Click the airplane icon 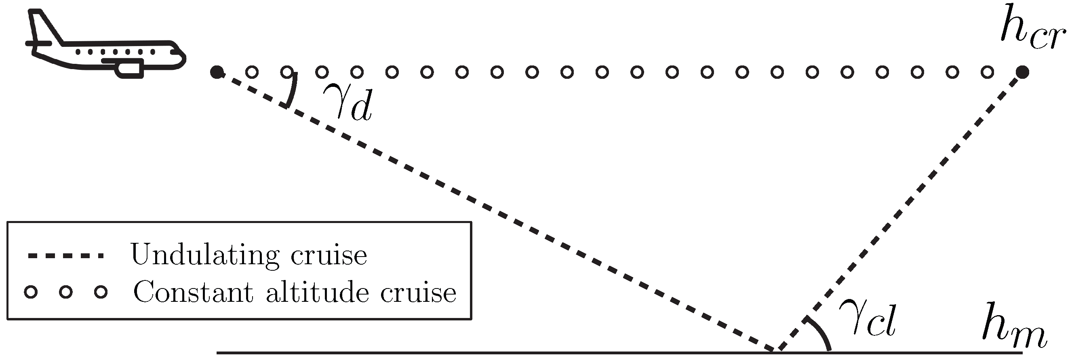pyautogui.click(x=104, y=46)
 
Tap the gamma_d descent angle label pyautogui.click(x=348, y=102)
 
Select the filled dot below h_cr pyautogui.click(x=1022, y=72)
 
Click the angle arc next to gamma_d pyautogui.click(x=293, y=89)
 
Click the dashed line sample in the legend pyautogui.click(x=65, y=255)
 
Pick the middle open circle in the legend pyautogui.click(x=66, y=292)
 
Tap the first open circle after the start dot pyautogui.click(x=251, y=72)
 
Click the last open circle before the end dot pyautogui.click(x=987, y=72)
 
